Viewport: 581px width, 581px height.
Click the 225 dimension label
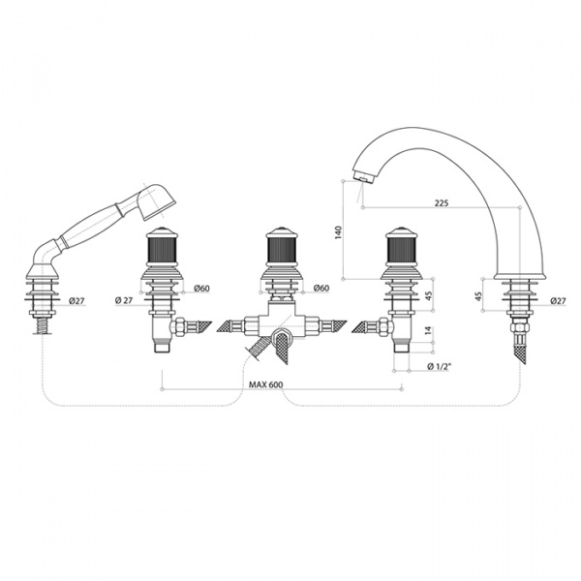point(442,202)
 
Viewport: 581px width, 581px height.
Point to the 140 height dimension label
point(339,232)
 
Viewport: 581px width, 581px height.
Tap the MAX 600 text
point(265,384)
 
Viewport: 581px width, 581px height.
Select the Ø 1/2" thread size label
point(440,366)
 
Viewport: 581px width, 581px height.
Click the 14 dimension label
point(428,330)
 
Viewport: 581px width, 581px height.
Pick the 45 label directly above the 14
point(428,295)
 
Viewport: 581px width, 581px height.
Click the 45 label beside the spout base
point(477,295)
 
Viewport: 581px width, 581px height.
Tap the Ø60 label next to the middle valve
point(321,288)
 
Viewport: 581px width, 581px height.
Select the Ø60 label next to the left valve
point(201,288)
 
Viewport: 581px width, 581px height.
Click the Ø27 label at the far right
point(558,301)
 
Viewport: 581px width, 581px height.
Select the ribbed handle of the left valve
point(162,249)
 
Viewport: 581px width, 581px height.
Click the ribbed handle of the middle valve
point(282,249)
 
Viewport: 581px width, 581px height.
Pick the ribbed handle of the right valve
point(400,249)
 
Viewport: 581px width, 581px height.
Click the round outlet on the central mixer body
point(282,338)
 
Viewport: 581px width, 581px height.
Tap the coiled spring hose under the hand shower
point(43,324)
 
